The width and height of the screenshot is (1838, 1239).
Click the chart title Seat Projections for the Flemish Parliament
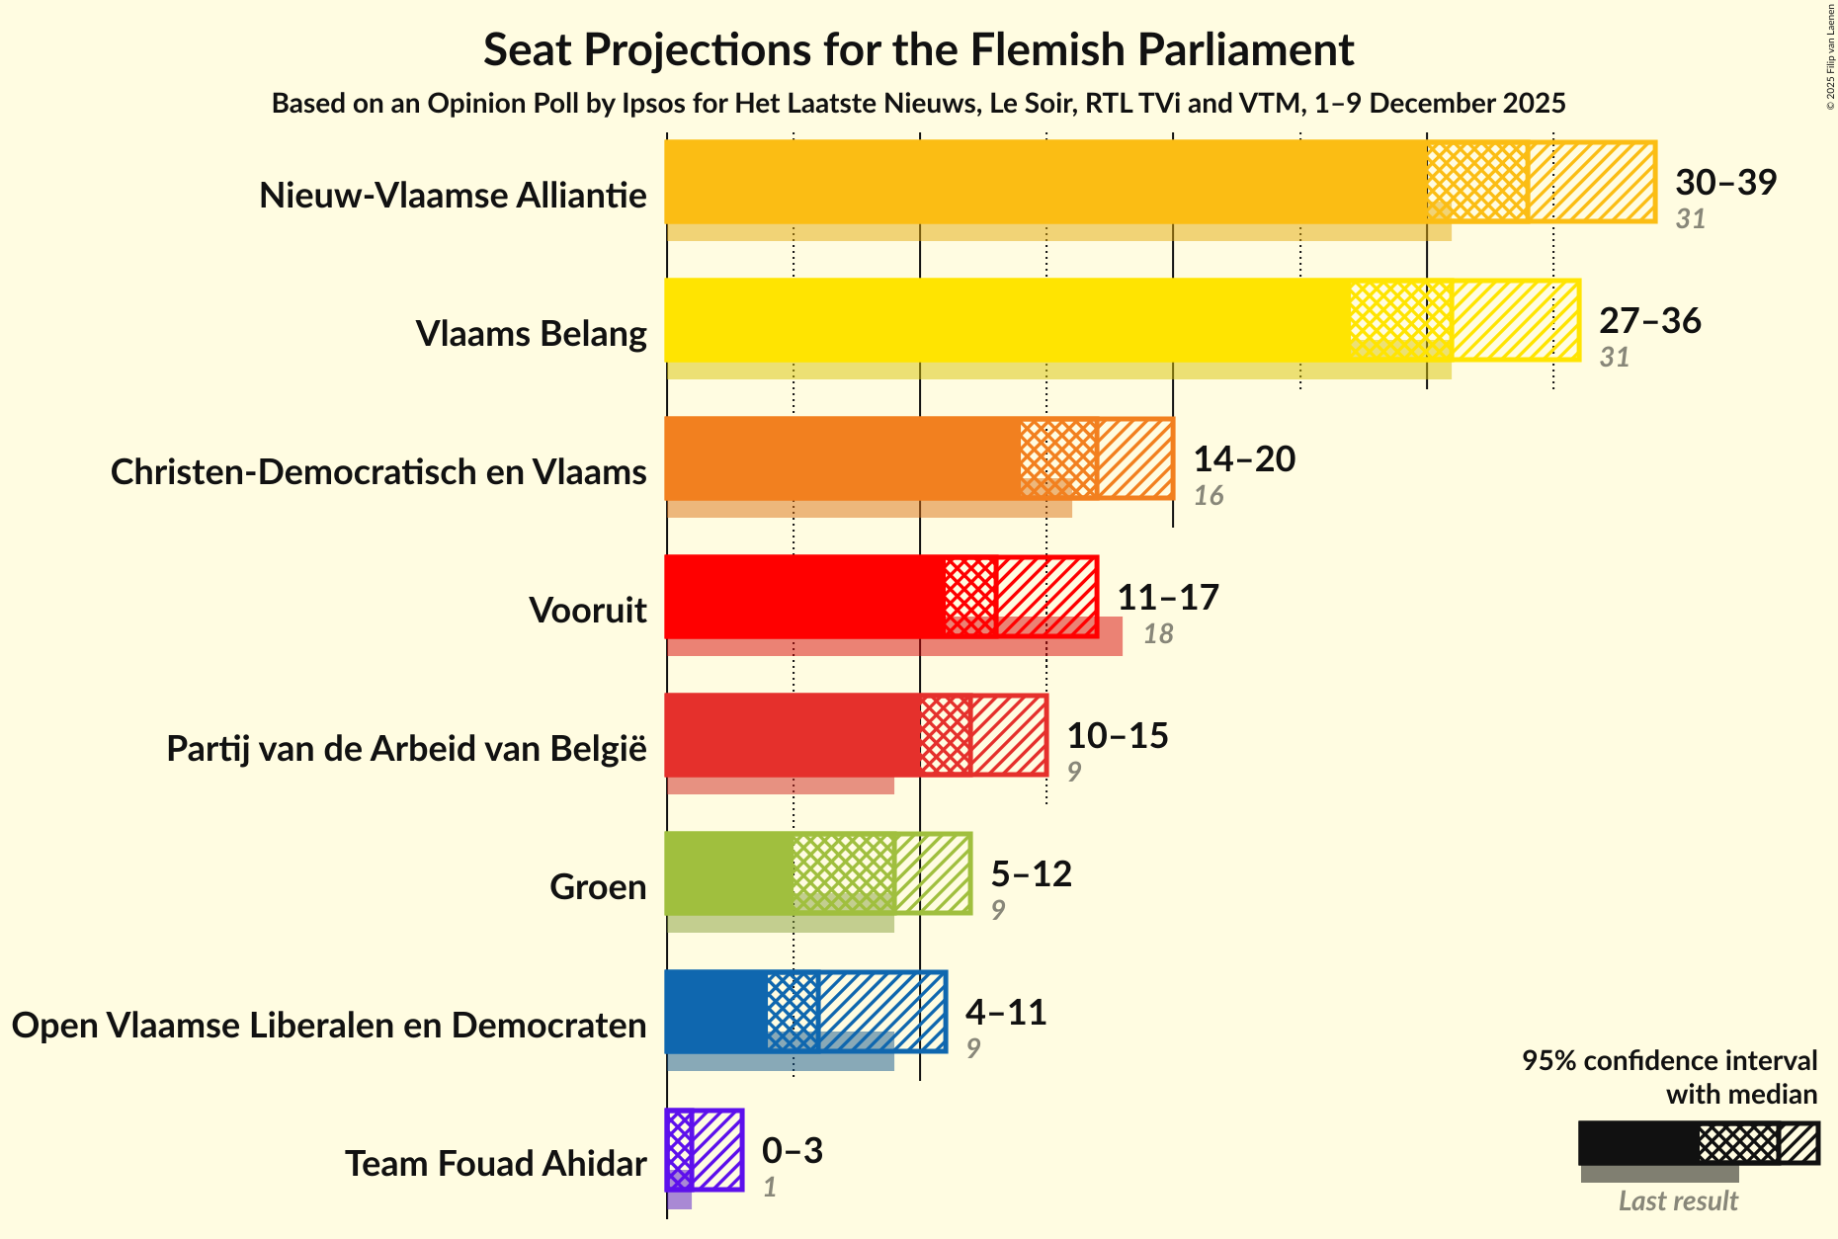pyautogui.click(x=918, y=50)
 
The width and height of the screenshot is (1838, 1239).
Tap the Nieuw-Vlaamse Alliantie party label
pyautogui.click(x=453, y=196)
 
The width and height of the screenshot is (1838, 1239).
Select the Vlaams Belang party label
pyautogui.click(x=531, y=334)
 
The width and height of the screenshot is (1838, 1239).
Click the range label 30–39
pyautogui.click(x=1725, y=182)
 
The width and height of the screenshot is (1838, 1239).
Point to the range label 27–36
pyautogui.click(x=1649, y=320)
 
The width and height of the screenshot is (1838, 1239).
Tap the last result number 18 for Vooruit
pyautogui.click(x=1158, y=633)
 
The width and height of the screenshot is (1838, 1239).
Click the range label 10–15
pyautogui.click(x=1117, y=735)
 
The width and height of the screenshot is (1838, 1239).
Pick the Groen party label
pyautogui.click(x=597, y=887)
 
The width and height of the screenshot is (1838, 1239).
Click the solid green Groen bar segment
pyautogui.click(x=729, y=873)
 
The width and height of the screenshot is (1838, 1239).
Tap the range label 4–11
pyautogui.click(x=1005, y=1012)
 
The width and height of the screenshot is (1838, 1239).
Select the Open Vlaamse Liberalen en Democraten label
pyautogui.click(x=329, y=1026)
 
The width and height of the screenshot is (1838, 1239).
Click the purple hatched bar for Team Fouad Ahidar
pyautogui.click(x=717, y=1150)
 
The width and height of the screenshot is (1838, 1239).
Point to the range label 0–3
pyautogui.click(x=792, y=1150)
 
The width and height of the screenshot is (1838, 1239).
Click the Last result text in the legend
pyautogui.click(x=1677, y=1200)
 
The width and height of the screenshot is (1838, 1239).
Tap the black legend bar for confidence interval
pyautogui.click(x=1638, y=1143)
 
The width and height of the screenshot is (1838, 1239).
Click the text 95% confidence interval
pyautogui.click(x=1668, y=1060)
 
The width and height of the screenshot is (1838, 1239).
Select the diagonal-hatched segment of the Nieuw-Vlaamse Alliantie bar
pyautogui.click(x=1591, y=182)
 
